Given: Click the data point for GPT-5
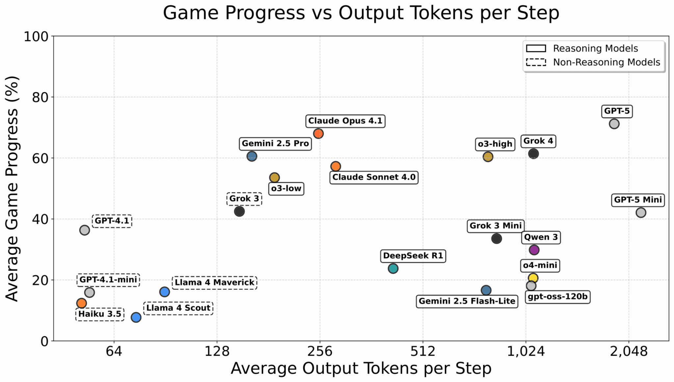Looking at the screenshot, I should pyautogui.click(x=614, y=124).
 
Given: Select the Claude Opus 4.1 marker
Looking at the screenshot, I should pyautogui.click(x=318, y=133).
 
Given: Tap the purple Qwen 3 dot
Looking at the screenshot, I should pyautogui.click(x=534, y=250).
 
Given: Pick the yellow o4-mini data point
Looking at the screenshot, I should pyautogui.click(x=533, y=278).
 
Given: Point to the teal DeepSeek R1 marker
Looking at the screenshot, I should pyautogui.click(x=393, y=269).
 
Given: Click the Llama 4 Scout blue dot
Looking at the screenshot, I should pyautogui.click(x=136, y=317).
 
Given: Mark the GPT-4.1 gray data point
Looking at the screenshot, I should pyautogui.click(x=85, y=230).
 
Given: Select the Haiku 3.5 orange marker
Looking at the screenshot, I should pyautogui.click(x=81, y=303).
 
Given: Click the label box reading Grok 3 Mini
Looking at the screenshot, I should pyautogui.click(x=496, y=226).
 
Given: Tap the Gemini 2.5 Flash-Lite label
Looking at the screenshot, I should pyautogui.click(x=467, y=301).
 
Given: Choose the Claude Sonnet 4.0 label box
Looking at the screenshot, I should pyautogui.click(x=374, y=177).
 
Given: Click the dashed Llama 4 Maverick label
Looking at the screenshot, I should pyautogui.click(x=214, y=282).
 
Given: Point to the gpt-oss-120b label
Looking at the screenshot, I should pyautogui.click(x=557, y=297).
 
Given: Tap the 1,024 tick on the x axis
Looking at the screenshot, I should pyautogui.click(x=526, y=351).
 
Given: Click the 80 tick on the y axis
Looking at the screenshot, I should pyautogui.click(x=39, y=97).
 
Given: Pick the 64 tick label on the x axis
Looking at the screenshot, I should pyautogui.click(x=114, y=351).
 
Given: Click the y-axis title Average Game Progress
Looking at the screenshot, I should pyautogui.click(x=13, y=189).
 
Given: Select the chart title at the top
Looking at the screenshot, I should pyautogui.click(x=361, y=13).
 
